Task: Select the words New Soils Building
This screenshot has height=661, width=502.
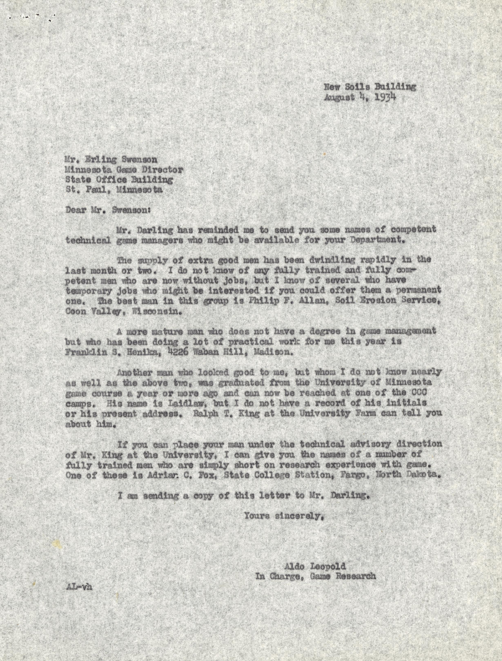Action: click(x=370, y=87)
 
